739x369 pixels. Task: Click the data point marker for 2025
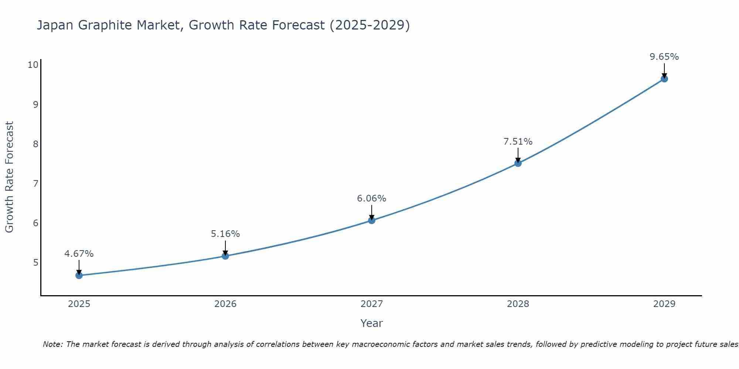coord(79,275)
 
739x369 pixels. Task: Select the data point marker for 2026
coord(225,256)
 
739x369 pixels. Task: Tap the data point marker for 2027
coord(372,220)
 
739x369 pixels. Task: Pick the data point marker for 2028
coord(518,163)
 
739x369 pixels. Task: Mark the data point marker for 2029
coord(664,79)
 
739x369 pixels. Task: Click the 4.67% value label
coord(79,254)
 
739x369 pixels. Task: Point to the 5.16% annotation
coord(225,234)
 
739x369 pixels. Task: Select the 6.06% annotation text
coord(372,199)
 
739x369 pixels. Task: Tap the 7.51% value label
coord(518,142)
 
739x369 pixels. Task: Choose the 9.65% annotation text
coord(664,57)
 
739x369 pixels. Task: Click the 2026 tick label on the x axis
coord(225,304)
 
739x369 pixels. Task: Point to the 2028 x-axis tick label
coord(518,304)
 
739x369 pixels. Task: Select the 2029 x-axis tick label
coord(664,304)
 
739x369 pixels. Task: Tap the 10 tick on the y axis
coord(33,65)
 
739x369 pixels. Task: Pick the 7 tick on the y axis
coord(35,183)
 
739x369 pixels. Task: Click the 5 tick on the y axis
coord(35,262)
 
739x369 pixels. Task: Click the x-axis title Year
coord(372,323)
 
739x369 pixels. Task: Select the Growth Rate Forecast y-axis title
coord(10,177)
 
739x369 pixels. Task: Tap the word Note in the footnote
coord(53,344)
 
